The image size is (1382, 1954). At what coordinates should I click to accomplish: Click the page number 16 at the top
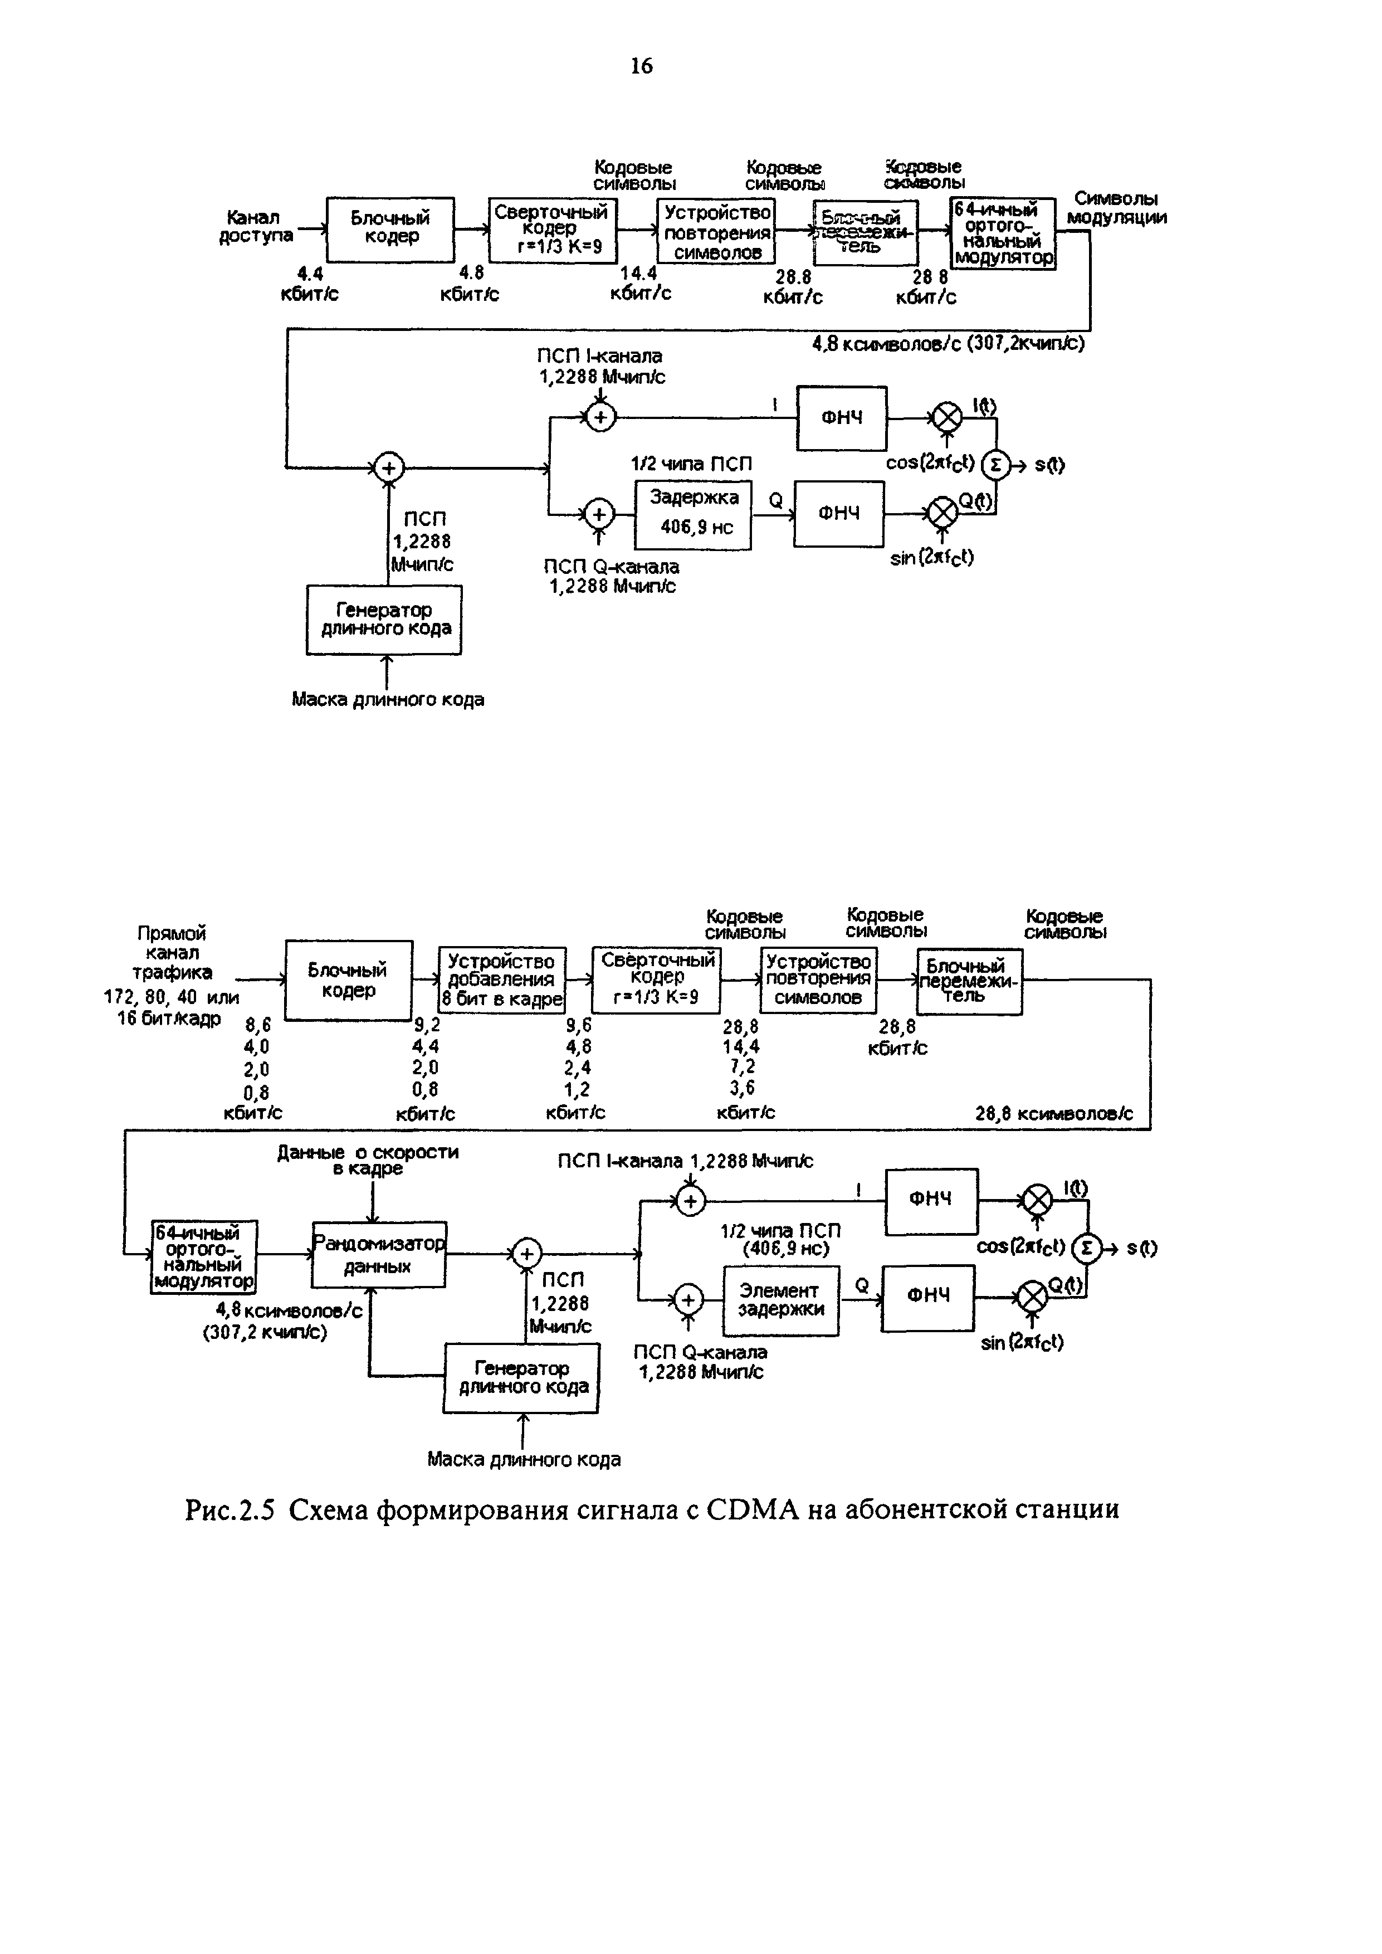pyautogui.click(x=642, y=66)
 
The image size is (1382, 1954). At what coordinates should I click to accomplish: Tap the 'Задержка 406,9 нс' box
pyautogui.click(x=694, y=514)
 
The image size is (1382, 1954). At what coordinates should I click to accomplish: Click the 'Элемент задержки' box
pyautogui.click(x=780, y=1300)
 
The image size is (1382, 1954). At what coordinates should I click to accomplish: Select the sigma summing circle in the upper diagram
pyautogui.click(x=994, y=465)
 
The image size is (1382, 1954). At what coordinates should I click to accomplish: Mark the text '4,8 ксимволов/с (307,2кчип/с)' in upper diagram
pyautogui.click(x=948, y=343)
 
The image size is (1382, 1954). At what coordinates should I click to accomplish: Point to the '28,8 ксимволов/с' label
pyautogui.click(x=1053, y=1113)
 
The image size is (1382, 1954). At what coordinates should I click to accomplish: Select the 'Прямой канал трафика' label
pyautogui.click(x=172, y=952)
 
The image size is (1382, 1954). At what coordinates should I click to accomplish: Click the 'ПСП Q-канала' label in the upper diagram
pyautogui.click(x=612, y=566)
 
